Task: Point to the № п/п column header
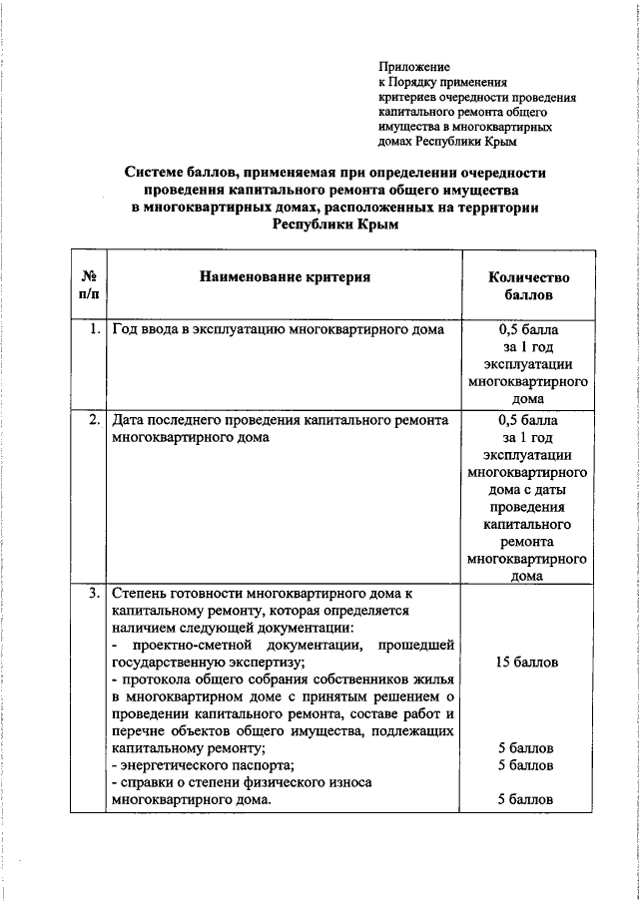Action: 89,285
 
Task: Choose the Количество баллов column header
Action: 527,286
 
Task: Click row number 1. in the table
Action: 93,329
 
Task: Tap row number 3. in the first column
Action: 93,593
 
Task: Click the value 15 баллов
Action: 527,662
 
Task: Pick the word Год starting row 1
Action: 126,329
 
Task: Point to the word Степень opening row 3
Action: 142,593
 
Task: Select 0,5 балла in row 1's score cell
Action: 527,329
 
